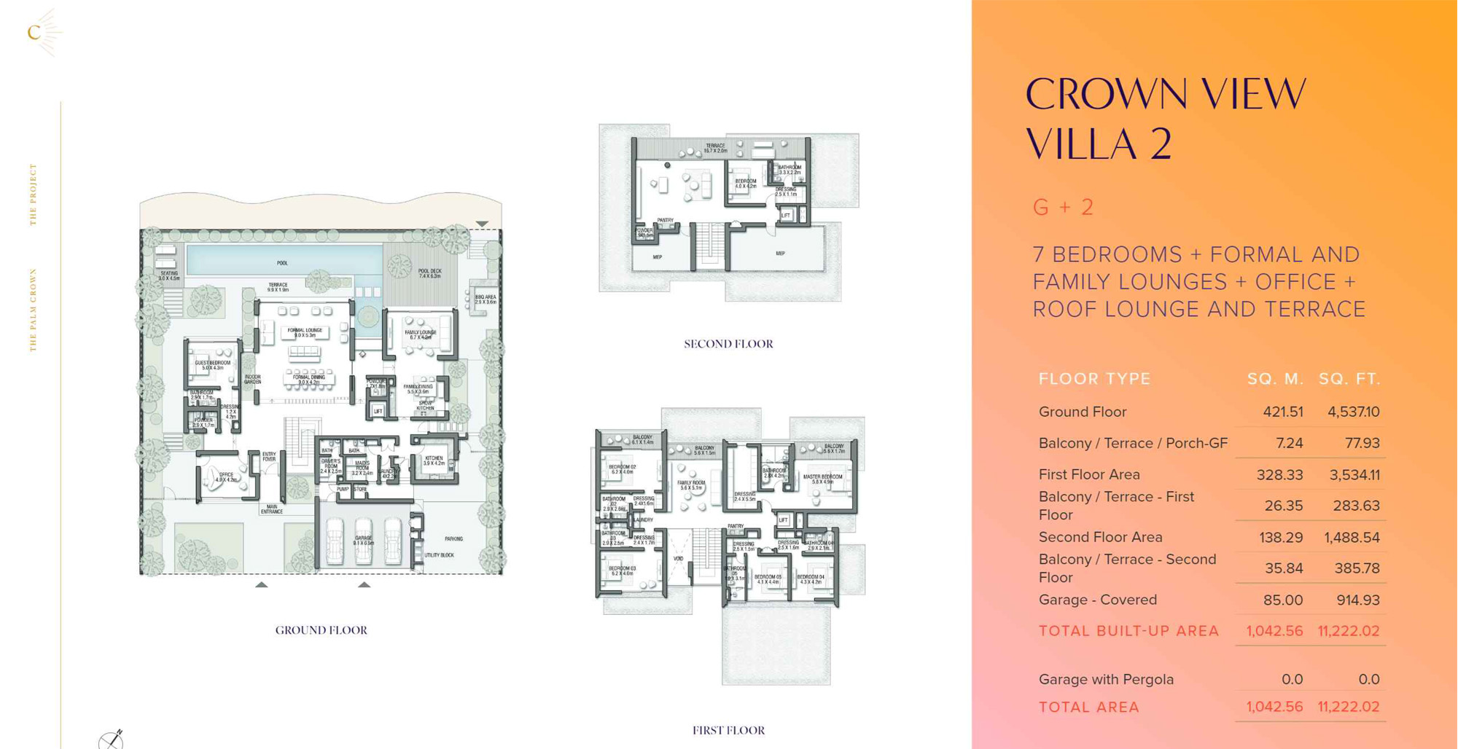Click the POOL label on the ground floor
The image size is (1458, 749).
pyautogui.click(x=282, y=263)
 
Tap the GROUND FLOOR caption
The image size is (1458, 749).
pyautogui.click(x=321, y=630)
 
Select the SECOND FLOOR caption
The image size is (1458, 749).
pyautogui.click(x=728, y=344)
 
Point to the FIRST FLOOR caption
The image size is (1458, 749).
pyautogui.click(x=728, y=730)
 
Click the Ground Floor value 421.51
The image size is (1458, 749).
pyautogui.click(x=1282, y=412)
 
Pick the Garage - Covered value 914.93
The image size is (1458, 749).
pyautogui.click(x=1357, y=600)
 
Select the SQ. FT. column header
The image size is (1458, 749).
pyautogui.click(x=1349, y=379)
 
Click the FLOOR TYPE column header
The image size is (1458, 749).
pyautogui.click(x=1094, y=379)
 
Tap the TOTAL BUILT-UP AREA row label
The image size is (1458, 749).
pyautogui.click(x=1128, y=631)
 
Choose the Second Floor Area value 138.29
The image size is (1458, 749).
pyautogui.click(x=1281, y=538)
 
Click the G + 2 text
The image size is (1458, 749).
pyautogui.click(x=1063, y=207)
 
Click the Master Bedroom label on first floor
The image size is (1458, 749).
pyautogui.click(x=822, y=479)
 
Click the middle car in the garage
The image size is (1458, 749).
pyautogui.click(x=363, y=541)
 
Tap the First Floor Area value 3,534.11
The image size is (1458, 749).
pyautogui.click(x=1354, y=475)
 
